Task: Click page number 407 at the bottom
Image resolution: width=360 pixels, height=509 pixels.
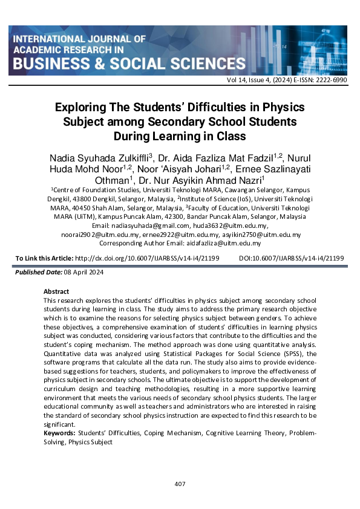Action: coord(180,484)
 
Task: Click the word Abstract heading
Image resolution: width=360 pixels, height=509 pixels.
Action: coord(56,291)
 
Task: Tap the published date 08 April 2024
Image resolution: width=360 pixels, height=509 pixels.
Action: coord(85,273)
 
